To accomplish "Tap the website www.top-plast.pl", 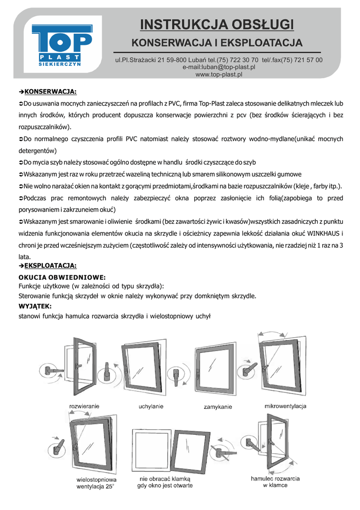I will coord(219,74).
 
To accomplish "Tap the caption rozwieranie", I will coord(84,406).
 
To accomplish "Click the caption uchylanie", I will coord(151,406).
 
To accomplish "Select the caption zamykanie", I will coord(218,407).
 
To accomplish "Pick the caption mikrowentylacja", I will coord(285,406).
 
